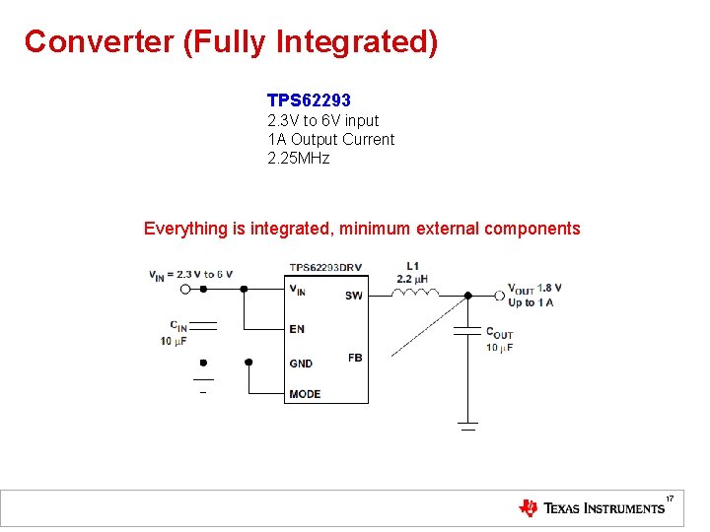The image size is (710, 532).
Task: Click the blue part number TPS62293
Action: [x=309, y=100]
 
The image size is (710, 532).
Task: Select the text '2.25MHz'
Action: [x=298, y=159]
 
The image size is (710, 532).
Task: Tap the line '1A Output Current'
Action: [x=330, y=140]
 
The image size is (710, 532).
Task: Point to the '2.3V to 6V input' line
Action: [x=322, y=120]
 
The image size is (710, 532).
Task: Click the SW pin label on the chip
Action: [x=353, y=296]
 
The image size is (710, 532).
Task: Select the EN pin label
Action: [x=297, y=329]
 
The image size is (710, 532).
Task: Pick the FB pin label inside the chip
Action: [x=355, y=358]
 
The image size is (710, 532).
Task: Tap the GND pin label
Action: [x=301, y=364]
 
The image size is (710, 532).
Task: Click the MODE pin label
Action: [x=305, y=394]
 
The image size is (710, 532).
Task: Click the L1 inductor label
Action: [x=412, y=266]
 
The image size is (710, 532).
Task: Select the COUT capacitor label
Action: [x=499, y=334]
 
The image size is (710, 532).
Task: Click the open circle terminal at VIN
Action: [x=184, y=289]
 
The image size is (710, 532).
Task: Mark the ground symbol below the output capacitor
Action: [x=467, y=426]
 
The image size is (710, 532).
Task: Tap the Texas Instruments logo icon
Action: [x=529, y=508]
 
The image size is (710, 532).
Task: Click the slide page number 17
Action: [x=670, y=500]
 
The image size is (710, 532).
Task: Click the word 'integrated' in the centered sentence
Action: [x=292, y=229]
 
